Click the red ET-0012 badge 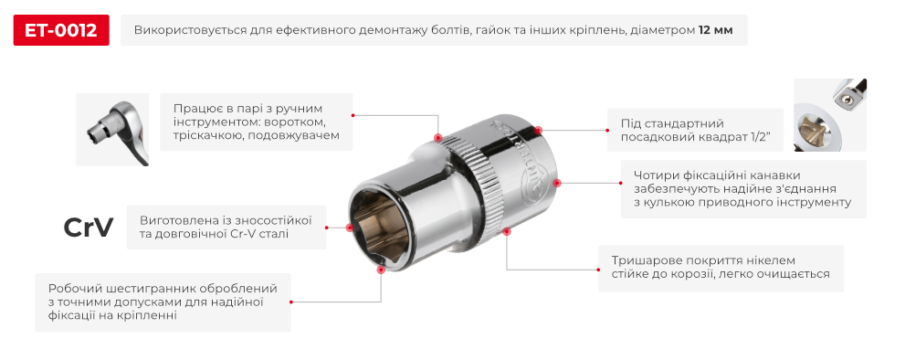coord(61,31)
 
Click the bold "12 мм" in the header coord(715,31)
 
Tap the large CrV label coord(89,228)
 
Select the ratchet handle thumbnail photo coord(112,129)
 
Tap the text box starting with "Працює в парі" coord(255,121)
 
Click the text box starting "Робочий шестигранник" coord(163,302)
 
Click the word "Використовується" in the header coord(191,31)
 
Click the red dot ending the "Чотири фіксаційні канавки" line coord(558,182)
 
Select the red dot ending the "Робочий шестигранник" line coord(380,270)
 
